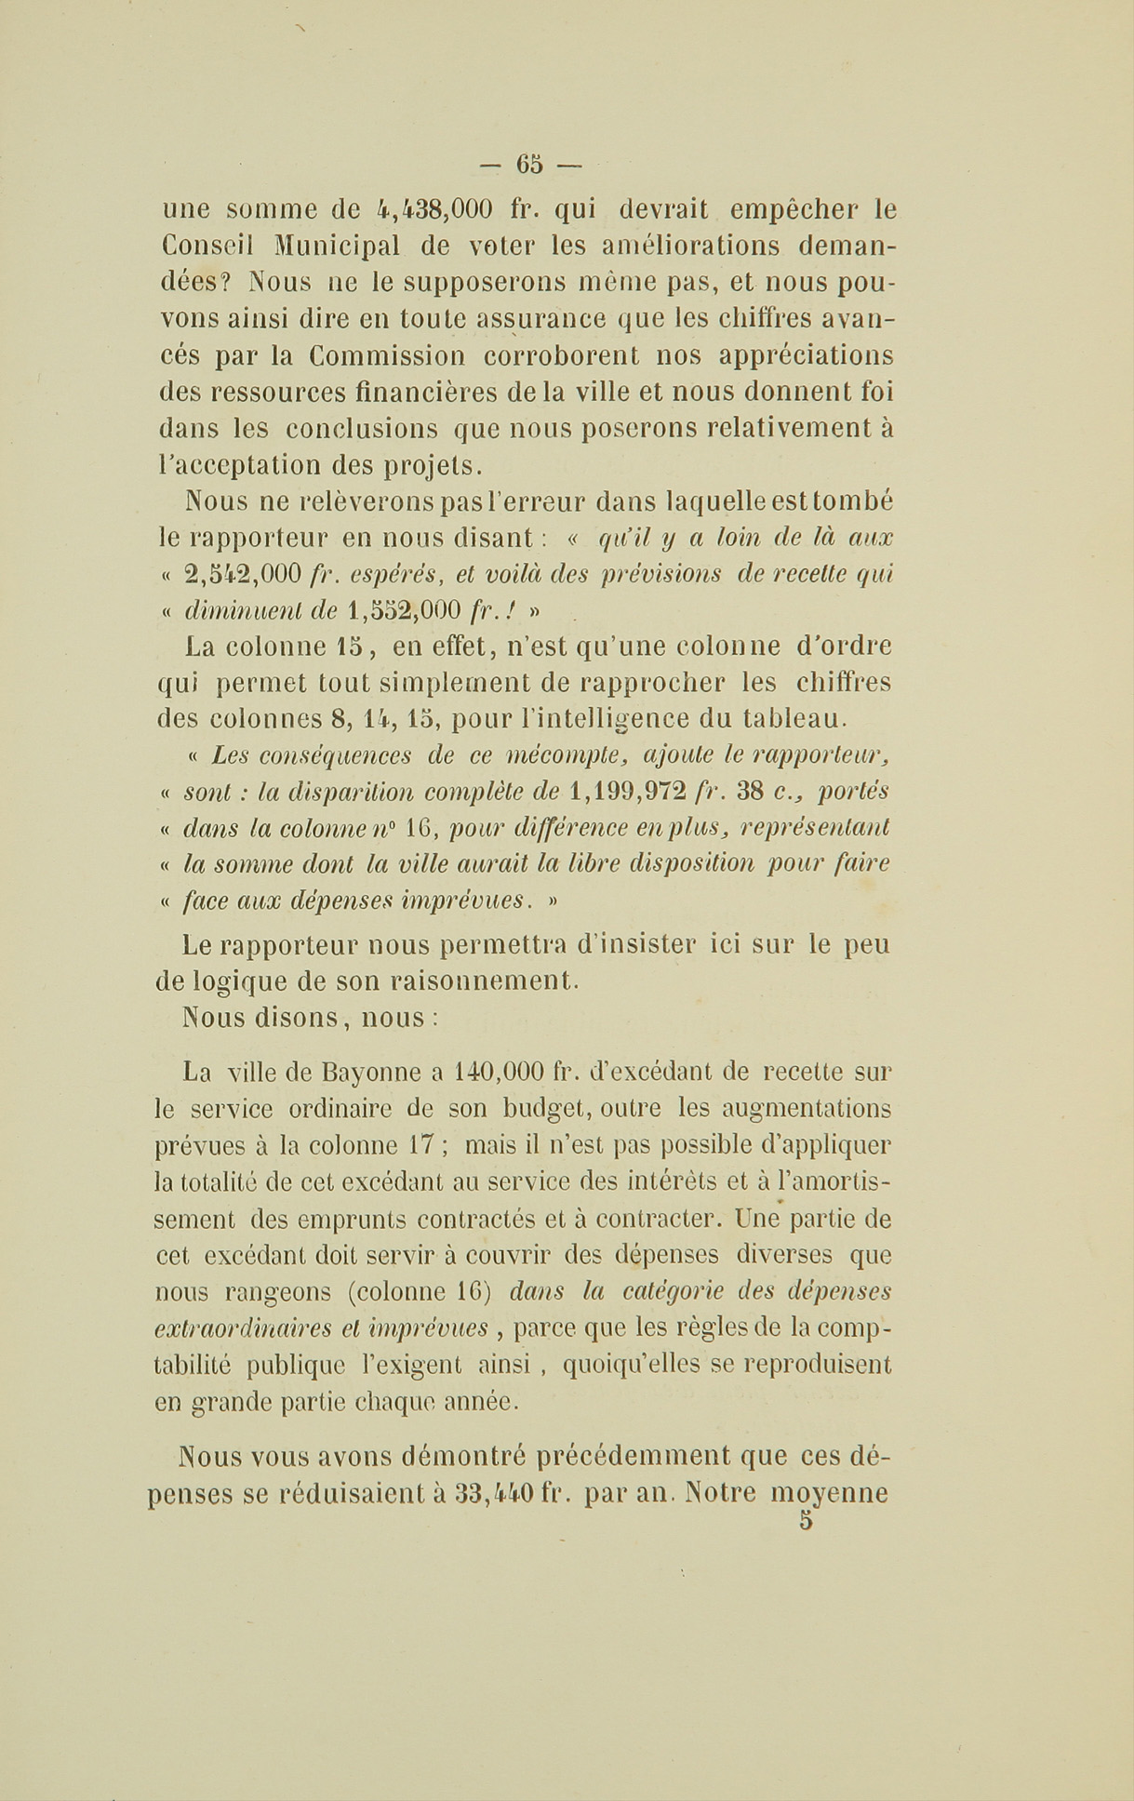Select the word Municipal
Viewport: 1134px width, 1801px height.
(338, 246)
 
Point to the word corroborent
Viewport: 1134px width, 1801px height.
(562, 355)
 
